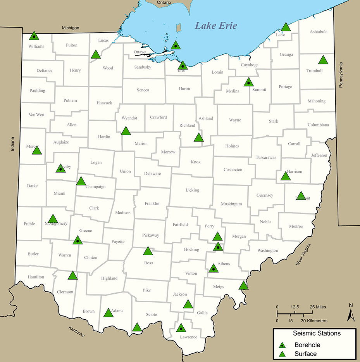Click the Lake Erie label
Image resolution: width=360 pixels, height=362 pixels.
(x=216, y=26)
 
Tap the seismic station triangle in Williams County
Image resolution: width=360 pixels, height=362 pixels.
(x=34, y=36)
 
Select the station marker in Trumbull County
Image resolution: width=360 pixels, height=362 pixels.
(x=323, y=60)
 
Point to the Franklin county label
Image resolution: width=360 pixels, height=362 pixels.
(x=152, y=204)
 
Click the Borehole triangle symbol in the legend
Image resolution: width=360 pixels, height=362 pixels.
(x=283, y=345)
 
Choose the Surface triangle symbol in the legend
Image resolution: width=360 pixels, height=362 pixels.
(x=283, y=354)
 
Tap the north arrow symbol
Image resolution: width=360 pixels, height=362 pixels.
(x=351, y=313)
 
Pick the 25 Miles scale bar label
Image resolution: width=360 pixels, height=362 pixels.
(x=318, y=307)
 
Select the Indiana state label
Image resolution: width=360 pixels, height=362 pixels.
(x=12, y=144)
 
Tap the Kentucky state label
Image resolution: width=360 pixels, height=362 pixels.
(x=76, y=332)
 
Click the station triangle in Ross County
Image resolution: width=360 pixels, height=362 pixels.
(x=148, y=251)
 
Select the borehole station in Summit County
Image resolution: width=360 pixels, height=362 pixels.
(x=248, y=82)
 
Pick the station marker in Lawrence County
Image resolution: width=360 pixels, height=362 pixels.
(x=180, y=328)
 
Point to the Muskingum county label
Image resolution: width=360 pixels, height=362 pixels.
(x=231, y=204)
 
